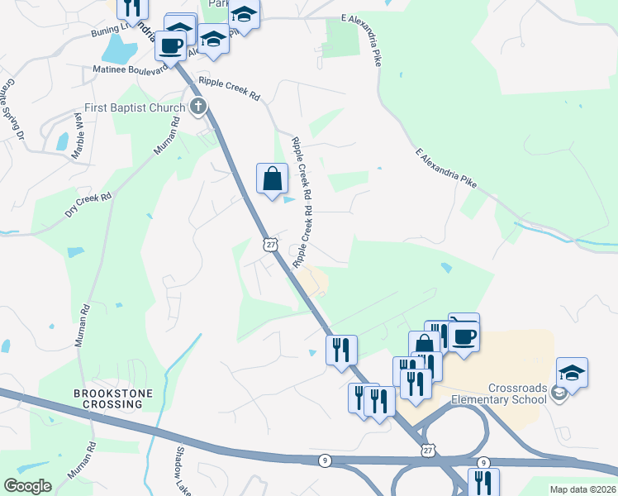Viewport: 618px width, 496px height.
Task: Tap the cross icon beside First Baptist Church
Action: (197, 107)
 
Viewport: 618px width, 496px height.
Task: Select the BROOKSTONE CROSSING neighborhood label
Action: (107, 399)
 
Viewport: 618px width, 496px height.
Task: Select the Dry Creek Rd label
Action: (87, 201)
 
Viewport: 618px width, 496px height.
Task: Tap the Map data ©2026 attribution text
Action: (582, 489)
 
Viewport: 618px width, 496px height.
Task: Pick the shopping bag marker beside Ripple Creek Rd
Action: (272, 178)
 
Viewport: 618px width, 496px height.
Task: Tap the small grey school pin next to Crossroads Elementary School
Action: (559, 393)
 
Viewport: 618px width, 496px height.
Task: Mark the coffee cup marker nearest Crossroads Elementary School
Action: (464, 335)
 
